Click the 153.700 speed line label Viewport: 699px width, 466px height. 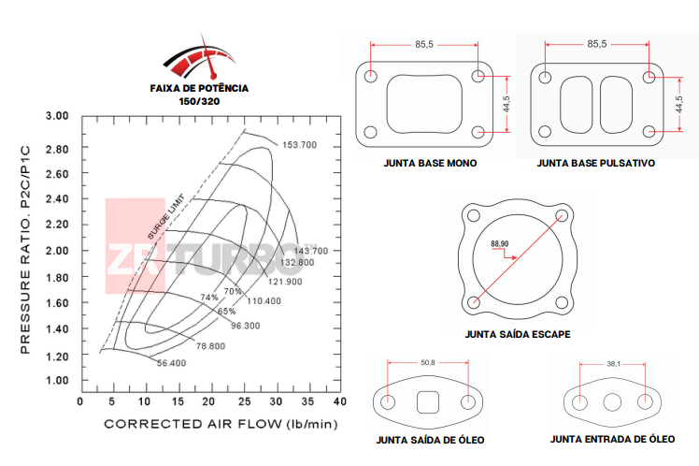300,145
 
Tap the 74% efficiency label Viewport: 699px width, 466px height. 209,298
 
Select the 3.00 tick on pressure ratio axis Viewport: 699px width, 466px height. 58,116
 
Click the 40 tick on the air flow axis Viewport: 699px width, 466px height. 338,401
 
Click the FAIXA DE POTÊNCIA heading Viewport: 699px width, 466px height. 199,87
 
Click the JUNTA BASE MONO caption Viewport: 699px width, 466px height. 430,163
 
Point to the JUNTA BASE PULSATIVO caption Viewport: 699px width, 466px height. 596,163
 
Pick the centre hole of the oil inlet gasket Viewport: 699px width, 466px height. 613,402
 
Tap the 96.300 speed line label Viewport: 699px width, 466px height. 245,326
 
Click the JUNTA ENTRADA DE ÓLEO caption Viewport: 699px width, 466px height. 612,439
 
